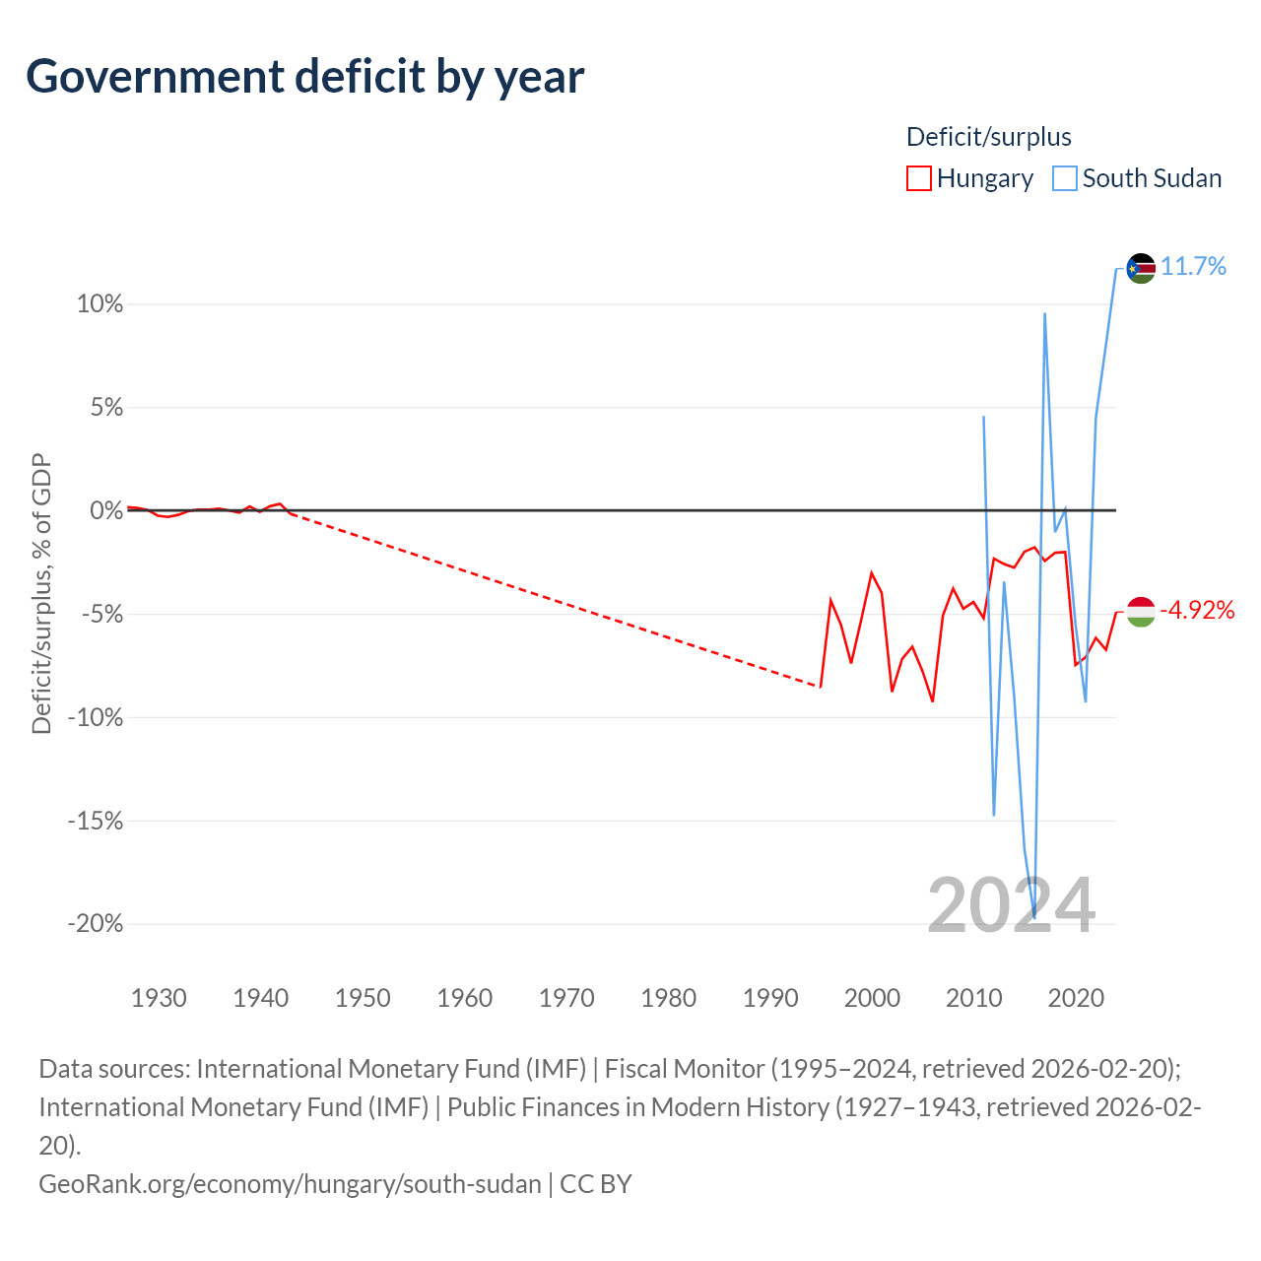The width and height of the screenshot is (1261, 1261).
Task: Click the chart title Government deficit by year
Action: tap(304, 78)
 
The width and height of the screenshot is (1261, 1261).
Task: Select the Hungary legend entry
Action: tap(969, 178)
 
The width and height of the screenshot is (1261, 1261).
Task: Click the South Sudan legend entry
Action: tap(1137, 178)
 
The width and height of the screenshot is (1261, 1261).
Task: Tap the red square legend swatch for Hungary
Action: tap(919, 178)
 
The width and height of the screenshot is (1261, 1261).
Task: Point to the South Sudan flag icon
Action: tap(1141, 268)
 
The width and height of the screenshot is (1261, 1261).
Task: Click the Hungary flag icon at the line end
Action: tap(1141, 612)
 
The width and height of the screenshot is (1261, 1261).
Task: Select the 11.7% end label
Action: tap(1193, 266)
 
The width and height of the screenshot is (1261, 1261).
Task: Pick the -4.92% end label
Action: tap(1197, 610)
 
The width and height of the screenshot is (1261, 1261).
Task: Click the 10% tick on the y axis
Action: tap(100, 303)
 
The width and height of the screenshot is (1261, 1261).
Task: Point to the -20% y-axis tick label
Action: tap(96, 923)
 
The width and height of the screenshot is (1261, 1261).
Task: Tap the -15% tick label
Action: tap(96, 820)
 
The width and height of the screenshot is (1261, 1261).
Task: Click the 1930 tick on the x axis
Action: tap(159, 998)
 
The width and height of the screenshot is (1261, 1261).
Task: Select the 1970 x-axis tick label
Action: tap(566, 998)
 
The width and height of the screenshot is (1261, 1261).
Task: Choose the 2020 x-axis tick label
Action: tap(1076, 998)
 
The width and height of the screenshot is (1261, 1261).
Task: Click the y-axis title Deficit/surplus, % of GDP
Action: tap(42, 593)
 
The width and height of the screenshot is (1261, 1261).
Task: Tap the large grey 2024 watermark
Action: tap(1011, 905)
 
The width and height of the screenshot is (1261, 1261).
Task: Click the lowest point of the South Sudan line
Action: tap(1034, 917)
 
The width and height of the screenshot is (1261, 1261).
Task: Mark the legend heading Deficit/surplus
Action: tap(989, 137)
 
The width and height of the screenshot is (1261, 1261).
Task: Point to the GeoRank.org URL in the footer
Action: tap(290, 1184)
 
